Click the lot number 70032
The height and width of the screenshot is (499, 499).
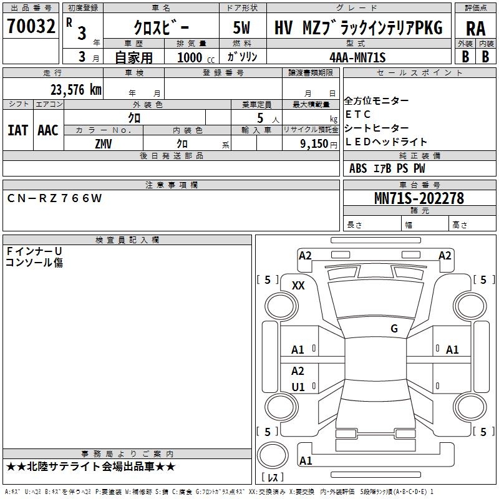(31, 27)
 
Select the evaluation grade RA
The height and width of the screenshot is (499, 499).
(475, 28)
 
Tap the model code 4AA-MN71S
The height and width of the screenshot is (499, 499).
(357, 57)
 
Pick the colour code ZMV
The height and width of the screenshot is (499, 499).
(104, 143)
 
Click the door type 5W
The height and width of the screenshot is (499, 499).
(241, 28)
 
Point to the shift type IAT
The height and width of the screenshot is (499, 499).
(17, 130)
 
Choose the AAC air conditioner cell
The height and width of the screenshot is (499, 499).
(48, 130)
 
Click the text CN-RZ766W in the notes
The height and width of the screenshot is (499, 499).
(54, 198)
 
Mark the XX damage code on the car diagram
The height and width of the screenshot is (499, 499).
(298, 285)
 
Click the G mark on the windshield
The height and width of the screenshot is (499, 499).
(394, 328)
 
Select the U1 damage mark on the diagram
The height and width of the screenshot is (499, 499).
(298, 387)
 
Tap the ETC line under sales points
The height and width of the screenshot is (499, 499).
(358, 114)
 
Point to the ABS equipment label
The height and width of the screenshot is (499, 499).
(358, 168)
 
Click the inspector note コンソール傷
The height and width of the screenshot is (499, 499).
(34, 263)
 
